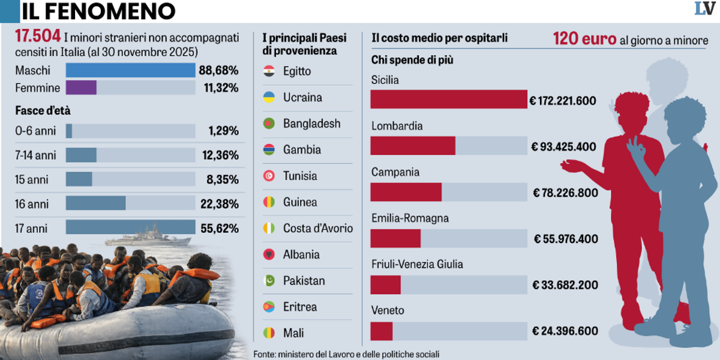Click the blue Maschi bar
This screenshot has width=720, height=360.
point(130,70)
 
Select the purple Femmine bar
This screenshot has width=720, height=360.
point(81,88)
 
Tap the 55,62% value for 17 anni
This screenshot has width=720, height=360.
point(220,228)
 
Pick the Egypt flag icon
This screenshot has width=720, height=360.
point(269,71)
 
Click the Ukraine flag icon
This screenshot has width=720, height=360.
point(269,97)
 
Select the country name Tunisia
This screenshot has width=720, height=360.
point(300,176)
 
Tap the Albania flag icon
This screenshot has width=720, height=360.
point(269,254)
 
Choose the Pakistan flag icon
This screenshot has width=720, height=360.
point(269,281)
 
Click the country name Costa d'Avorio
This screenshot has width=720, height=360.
point(318,229)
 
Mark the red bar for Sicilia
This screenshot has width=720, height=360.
point(448,99)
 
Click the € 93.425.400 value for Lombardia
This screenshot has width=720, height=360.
point(563,146)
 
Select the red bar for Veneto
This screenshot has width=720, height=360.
point(381,331)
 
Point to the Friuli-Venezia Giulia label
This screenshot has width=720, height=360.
point(417,265)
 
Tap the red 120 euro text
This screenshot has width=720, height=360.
point(584,40)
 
